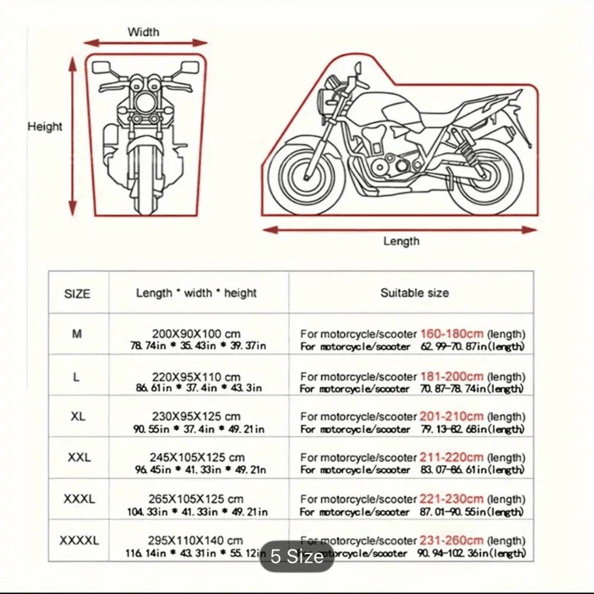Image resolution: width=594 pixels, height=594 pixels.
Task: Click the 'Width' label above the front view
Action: [x=143, y=32]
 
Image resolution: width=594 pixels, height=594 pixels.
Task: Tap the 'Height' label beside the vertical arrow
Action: [x=45, y=127]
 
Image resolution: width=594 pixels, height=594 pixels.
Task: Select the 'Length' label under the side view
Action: [x=401, y=241]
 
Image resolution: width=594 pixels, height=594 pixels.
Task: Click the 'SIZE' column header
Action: [x=77, y=293]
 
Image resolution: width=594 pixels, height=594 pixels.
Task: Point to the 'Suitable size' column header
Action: [x=415, y=292]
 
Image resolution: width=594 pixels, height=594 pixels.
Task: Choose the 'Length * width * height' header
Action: [x=196, y=293]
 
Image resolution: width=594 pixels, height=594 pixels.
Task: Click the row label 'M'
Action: [x=77, y=334]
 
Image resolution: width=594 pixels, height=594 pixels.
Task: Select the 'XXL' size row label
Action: [x=78, y=457]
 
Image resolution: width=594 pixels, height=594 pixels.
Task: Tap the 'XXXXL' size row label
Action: [x=79, y=540]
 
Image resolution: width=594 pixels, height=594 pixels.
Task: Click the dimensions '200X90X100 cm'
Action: [x=196, y=334]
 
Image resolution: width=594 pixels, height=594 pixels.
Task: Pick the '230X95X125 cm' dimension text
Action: [x=196, y=417]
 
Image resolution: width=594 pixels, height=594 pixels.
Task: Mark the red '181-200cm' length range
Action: [x=451, y=377]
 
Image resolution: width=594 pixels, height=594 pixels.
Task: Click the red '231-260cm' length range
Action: [x=451, y=541]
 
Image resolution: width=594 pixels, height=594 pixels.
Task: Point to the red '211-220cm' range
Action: [x=451, y=457]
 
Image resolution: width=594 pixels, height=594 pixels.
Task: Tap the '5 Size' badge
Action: [x=296, y=557]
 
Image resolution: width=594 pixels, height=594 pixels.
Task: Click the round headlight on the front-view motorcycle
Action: [x=144, y=101]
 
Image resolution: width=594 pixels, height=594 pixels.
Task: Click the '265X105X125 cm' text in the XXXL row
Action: [x=196, y=499]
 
